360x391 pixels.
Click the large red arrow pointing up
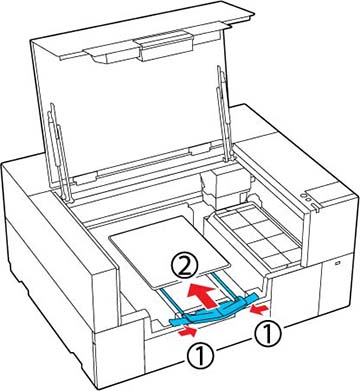pos(202,293)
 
